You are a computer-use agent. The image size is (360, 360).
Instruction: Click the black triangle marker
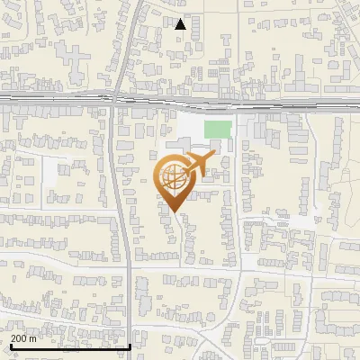tap(181, 24)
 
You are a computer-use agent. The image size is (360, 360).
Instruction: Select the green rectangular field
tap(217, 129)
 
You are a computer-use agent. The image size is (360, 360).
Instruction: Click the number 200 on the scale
tap(19, 338)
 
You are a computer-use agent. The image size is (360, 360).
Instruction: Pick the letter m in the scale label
tap(33, 338)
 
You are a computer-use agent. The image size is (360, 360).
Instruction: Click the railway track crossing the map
tap(270, 98)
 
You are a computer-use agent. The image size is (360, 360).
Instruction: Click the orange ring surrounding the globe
tap(159, 178)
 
